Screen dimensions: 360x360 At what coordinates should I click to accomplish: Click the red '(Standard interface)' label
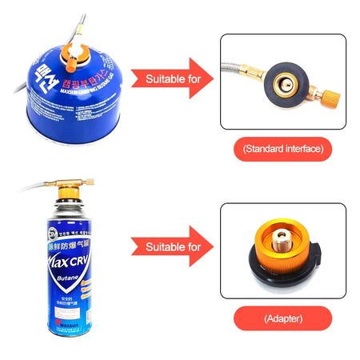(282, 149)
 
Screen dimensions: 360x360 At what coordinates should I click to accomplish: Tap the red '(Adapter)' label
(282, 318)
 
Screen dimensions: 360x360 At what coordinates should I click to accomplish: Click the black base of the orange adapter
(284, 270)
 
